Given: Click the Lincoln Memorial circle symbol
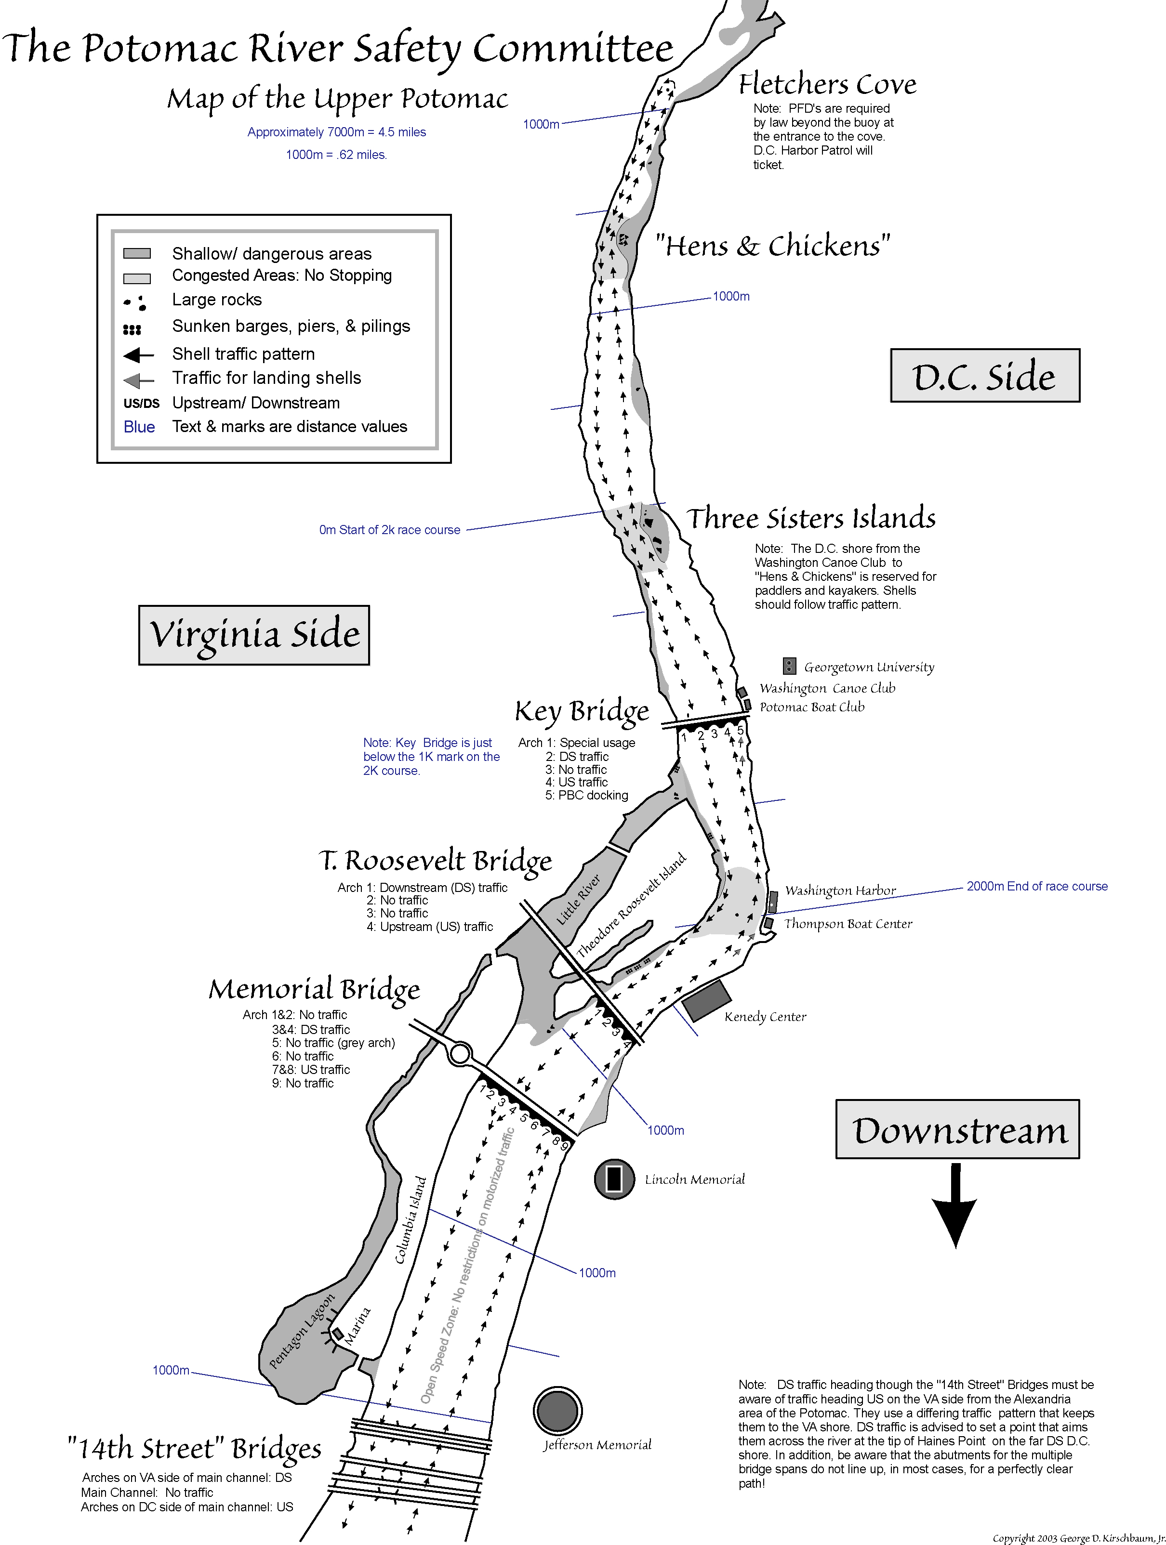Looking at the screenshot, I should [x=614, y=1178].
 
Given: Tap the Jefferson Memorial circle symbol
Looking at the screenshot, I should [x=557, y=1410].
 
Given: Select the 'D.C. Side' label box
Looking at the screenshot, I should [x=984, y=376].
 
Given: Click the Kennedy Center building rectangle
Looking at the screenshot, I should [x=706, y=1000].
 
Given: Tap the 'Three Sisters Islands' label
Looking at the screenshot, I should [x=810, y=518].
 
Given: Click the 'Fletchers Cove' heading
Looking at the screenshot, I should [x=827, y=84].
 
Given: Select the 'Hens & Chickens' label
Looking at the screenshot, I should [x=772, y=246].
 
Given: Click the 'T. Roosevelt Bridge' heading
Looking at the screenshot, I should [x=435, y=861].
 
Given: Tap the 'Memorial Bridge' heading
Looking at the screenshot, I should [x=314, y=989].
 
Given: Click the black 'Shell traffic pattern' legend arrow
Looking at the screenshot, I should [x=138, y=355].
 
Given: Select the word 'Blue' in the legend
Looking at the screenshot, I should [x=139, y=427].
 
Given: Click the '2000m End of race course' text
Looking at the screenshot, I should [x=1037, y=886].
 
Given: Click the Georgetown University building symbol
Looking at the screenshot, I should [x=789, y=666].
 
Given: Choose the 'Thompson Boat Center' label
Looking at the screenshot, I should [x=848, y=923].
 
